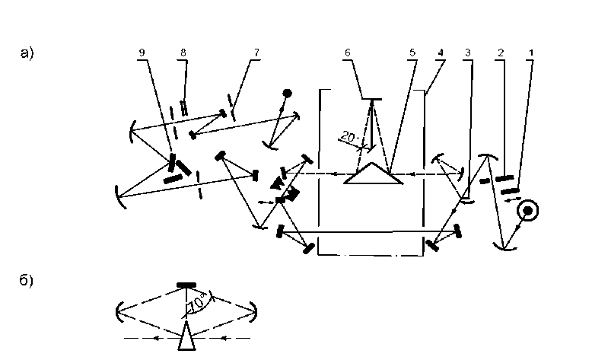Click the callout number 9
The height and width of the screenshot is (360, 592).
click(142, 52)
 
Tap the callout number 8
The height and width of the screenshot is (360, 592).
click(183, 52)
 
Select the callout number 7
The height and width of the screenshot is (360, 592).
click(256, 52)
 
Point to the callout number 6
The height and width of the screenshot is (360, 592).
click(348, 52)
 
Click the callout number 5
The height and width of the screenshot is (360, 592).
click(412, 52)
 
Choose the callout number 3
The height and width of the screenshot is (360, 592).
click(469, 52)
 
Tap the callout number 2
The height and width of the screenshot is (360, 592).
click(500, 52)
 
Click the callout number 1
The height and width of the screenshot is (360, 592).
click(530, 52)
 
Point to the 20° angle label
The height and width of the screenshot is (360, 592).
click(350, 136)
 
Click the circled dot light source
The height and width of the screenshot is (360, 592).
click(526, 209)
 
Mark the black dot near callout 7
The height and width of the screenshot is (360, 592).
click(287, 94)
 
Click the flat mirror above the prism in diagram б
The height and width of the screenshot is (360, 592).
click(187, 285)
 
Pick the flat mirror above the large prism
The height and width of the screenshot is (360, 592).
click(371, 98)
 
